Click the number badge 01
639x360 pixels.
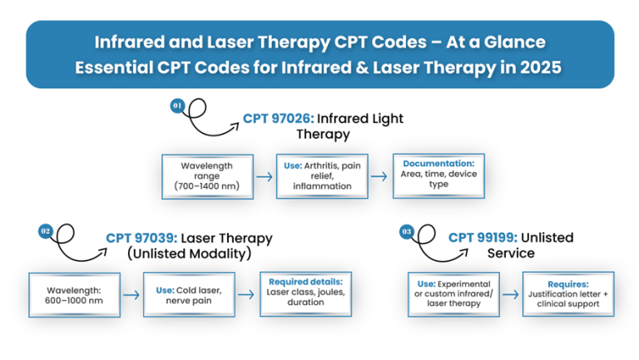[177, 106]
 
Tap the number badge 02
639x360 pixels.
[45, 230]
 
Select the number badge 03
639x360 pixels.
[407, 231]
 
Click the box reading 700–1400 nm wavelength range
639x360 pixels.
[206, 175]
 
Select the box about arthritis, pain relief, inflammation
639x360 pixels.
[322, 175]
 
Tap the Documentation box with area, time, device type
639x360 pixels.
[438, 174]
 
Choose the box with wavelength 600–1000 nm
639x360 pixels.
[73, 294]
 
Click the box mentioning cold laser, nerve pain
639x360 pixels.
[190, 294]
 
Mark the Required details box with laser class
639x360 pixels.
[306, 293]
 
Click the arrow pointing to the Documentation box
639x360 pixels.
[379, 175]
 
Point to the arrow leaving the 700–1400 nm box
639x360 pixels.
[264, 175]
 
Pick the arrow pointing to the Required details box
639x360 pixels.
[246, 294]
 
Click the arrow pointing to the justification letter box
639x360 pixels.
[512, 294]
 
